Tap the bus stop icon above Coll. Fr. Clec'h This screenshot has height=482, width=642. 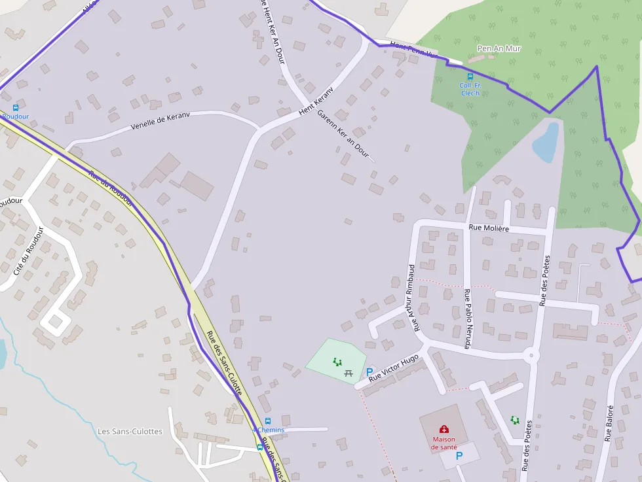pos(470,77)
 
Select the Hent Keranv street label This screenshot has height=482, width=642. pos(316,102)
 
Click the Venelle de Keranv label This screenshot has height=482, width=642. pos(160,121)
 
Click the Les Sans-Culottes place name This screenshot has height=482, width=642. pos(130,432)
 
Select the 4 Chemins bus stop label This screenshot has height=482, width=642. pos(268,430)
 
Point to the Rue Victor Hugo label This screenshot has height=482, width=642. pos(393,368)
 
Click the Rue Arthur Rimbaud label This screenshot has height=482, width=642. pos(412,298)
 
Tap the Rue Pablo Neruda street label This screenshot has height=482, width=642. pos(467,318)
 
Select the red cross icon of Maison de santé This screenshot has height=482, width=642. pos(444,429)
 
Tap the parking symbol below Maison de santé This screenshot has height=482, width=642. pos(459,456)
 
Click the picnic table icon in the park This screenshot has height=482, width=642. pos(349,373)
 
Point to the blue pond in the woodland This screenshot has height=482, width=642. pos(546,143)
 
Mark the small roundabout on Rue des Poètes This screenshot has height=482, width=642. pos(531,356)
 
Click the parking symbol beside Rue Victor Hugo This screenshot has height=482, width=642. pos(369,371)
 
